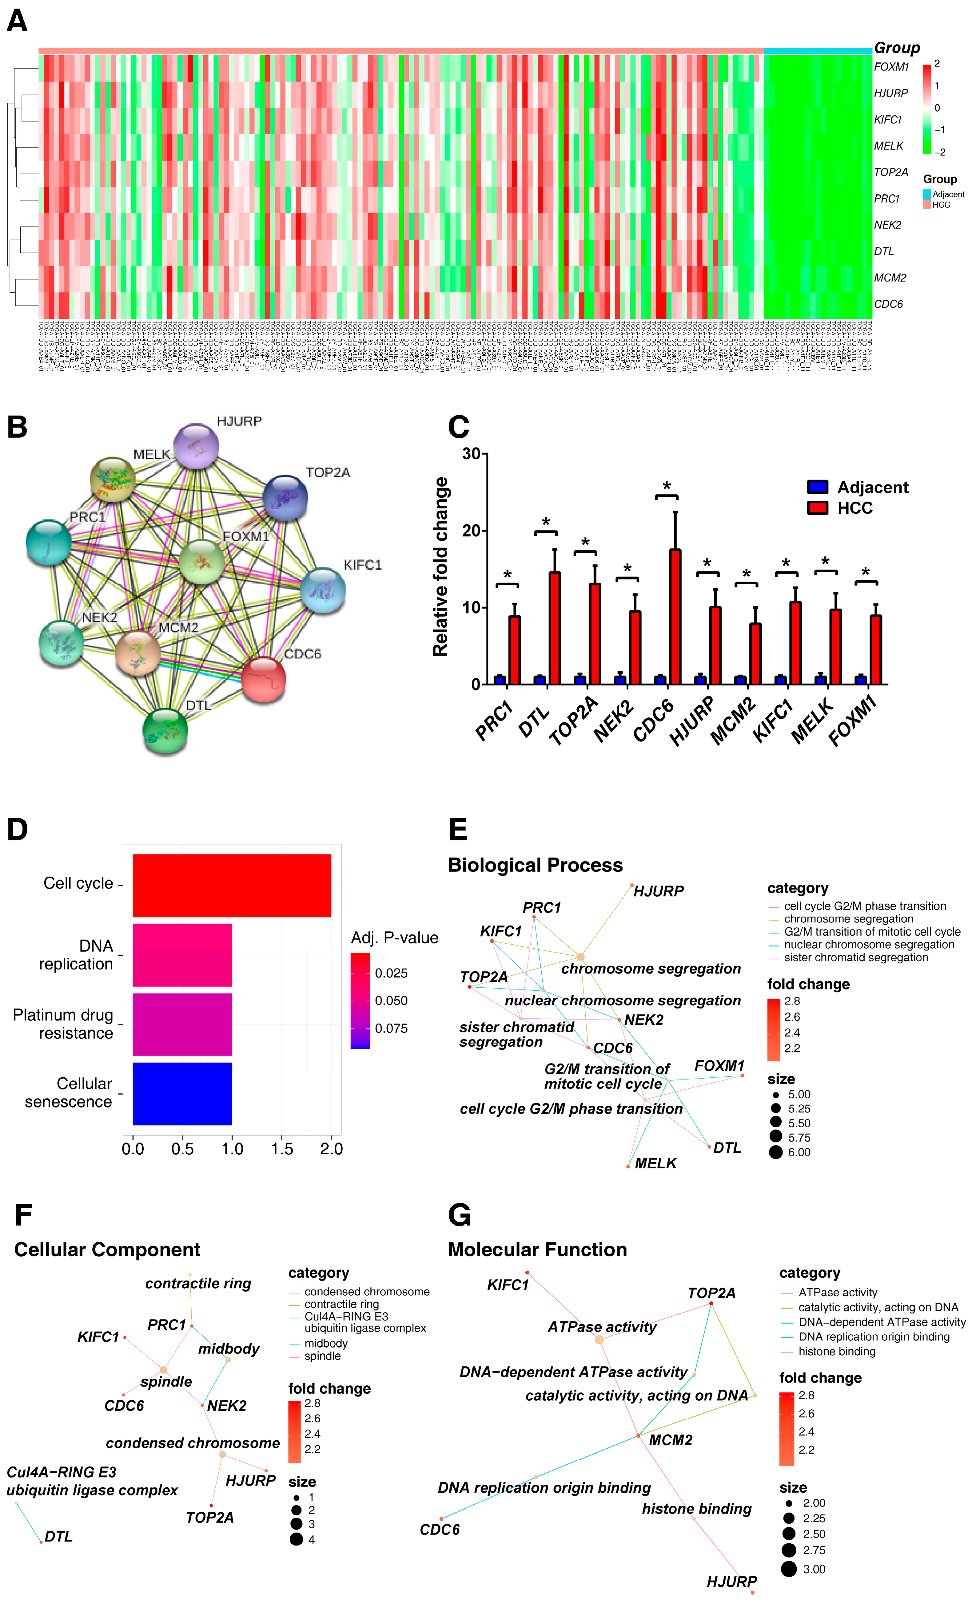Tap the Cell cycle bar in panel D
232,885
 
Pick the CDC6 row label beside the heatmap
888,304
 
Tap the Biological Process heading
535,865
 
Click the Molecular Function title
537,1250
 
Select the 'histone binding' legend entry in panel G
837,1351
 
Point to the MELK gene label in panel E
655,1163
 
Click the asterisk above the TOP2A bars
585,543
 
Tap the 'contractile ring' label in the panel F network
198,1284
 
